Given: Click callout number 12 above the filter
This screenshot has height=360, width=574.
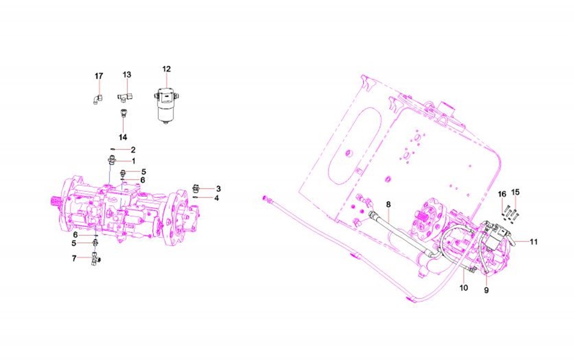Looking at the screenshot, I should [x=167, y=69].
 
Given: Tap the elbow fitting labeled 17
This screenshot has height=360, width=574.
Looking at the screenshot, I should [x=96, y=98].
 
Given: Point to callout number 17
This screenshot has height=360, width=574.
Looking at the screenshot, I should [x=98, y=76].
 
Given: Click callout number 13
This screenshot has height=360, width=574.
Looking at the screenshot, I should [x=127, y=74].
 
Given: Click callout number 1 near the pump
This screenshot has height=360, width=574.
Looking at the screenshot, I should [x=133, y=161].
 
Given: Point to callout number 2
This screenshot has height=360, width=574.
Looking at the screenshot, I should [x=133, y=149].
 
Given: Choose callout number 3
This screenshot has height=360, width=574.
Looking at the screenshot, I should [x=218, y=188].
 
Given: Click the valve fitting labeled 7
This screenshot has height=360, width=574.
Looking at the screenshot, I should [x=95, y=258].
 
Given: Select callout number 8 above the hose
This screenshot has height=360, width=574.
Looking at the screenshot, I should [x=388, y=204].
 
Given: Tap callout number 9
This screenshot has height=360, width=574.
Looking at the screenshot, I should [x=486, y=291].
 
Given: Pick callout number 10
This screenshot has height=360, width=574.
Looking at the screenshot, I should [x=463, y=287].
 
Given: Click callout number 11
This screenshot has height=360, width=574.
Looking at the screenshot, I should [x=533, y=241].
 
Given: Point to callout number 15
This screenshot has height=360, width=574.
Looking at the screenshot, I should [x=515, y=192].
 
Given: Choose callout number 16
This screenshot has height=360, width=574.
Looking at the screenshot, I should [x=502, y=194].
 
